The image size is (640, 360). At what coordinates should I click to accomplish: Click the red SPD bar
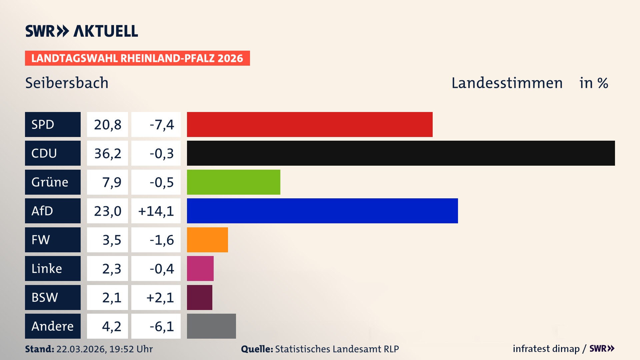pos(309,124)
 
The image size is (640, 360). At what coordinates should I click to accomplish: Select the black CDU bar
pos(401,153)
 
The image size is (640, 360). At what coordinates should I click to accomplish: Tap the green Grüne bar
pos(233,182)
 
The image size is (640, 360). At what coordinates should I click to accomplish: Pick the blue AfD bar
pos(322,211)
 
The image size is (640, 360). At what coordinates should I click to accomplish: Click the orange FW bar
pos(207,240)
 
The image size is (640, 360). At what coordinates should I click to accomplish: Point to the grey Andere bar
pos(211,326)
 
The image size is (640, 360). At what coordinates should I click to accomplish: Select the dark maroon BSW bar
pos(199,297)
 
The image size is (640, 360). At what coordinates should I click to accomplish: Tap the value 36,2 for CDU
pos(107,153)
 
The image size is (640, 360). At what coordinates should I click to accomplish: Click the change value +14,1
pos(156,211)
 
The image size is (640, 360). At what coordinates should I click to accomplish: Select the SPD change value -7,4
pos(162,125)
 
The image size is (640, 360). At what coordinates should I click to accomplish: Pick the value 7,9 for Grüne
pos(112,182)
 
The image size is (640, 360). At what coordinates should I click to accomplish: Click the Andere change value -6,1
pos(162,326)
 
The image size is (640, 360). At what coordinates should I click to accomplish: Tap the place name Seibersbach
pos(67,83)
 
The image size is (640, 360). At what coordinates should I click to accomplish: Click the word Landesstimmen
pos(507,83)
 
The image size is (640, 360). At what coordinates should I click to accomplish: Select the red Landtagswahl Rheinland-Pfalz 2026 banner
pos(137,58)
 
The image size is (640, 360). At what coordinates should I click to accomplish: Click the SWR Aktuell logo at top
pos(81,31)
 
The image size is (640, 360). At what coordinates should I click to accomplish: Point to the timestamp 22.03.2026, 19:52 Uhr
pos(104,349)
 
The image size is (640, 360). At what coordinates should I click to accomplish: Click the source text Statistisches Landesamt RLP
pos(337,349)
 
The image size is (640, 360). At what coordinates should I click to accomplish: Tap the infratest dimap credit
pos(546,349)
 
